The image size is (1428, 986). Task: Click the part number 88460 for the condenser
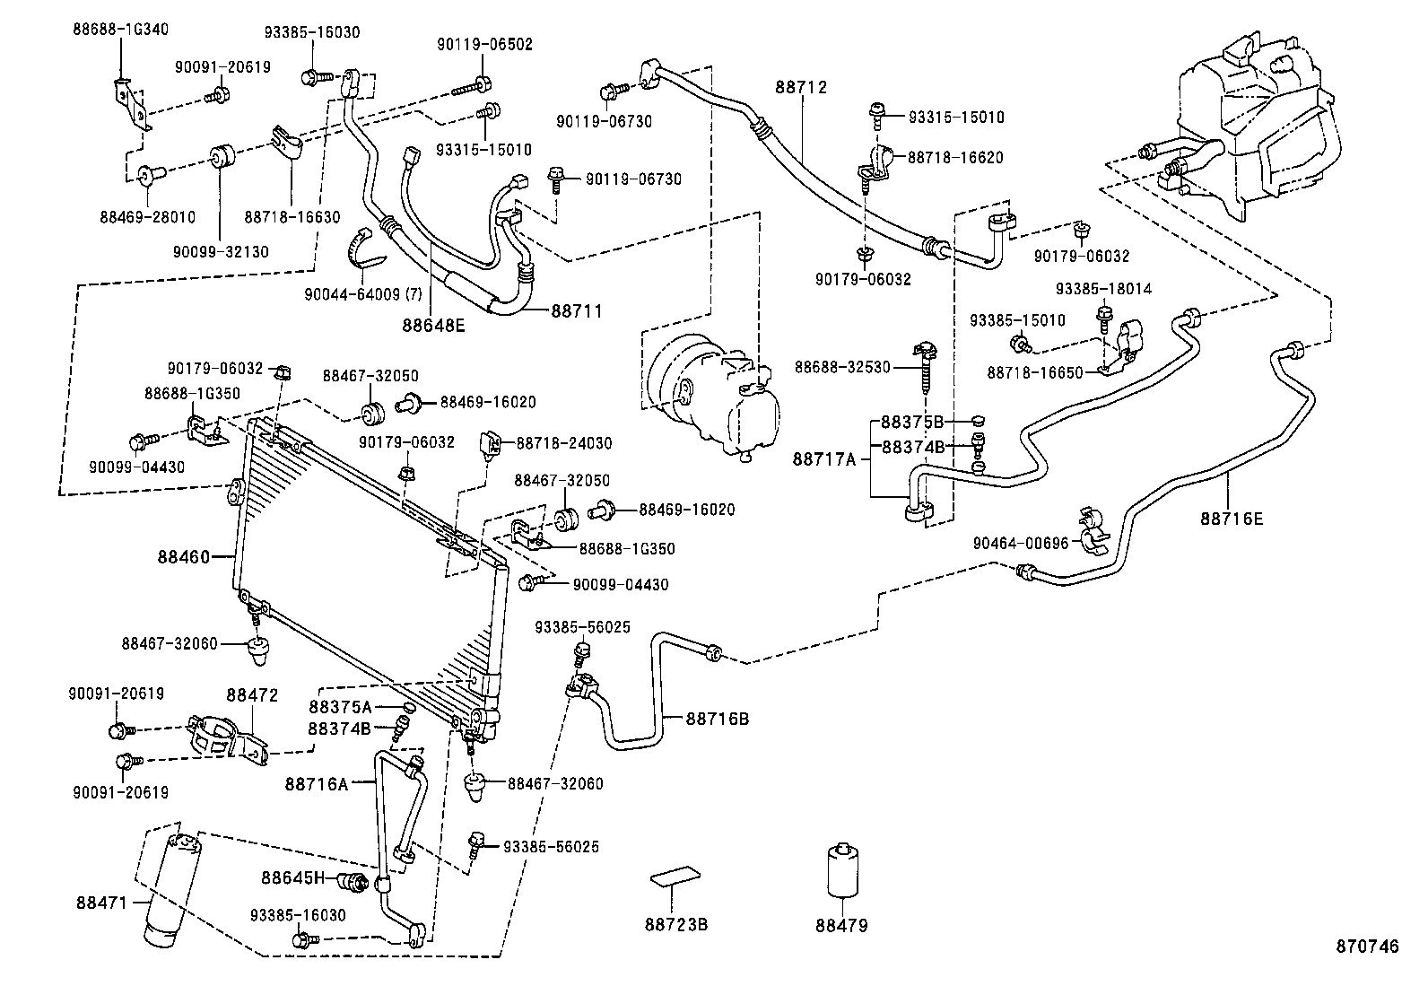coord(183,557)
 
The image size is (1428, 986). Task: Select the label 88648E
coord(433,326)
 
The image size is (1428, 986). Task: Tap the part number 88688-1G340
coord(119,29)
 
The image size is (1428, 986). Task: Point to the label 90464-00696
coord(1021,543)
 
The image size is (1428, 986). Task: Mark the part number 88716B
coord(718,719)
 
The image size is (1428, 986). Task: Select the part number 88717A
coord(823,459)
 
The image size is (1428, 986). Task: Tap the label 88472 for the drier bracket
coord(252,695)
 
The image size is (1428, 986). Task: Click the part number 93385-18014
coord(1103,290)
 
